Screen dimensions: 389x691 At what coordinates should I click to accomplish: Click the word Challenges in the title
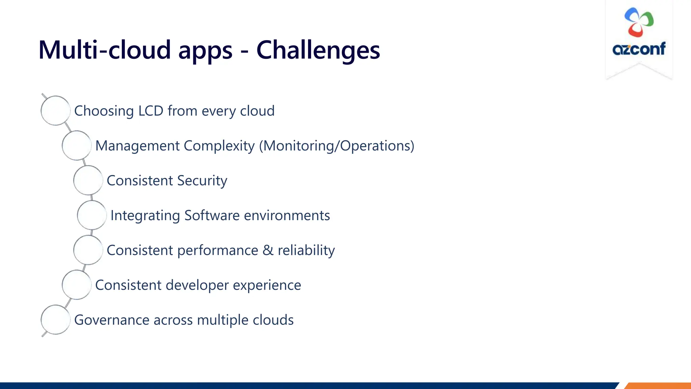318,50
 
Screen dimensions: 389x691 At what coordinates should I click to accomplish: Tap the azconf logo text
639,49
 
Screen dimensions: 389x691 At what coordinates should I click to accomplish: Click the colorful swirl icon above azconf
639,22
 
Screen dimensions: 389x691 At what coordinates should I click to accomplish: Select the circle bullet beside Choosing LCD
55,111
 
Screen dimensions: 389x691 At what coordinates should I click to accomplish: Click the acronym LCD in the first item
151,111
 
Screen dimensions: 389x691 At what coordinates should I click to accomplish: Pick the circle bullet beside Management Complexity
77,146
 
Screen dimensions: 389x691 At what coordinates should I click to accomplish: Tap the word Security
202,181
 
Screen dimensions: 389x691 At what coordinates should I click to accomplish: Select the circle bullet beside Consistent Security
88,180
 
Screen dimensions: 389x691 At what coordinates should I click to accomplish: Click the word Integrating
145,216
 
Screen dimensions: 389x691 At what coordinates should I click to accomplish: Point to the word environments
287,215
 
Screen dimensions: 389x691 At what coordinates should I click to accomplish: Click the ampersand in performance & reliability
268,250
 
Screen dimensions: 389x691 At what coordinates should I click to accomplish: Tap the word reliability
306,250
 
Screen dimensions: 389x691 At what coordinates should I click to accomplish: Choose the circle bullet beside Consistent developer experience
77,285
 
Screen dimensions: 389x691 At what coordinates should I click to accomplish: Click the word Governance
112,320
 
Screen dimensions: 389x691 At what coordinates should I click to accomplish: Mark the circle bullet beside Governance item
55,320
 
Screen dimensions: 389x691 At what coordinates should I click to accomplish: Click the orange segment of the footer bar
658,386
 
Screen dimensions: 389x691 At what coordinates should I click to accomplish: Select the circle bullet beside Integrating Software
92,215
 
